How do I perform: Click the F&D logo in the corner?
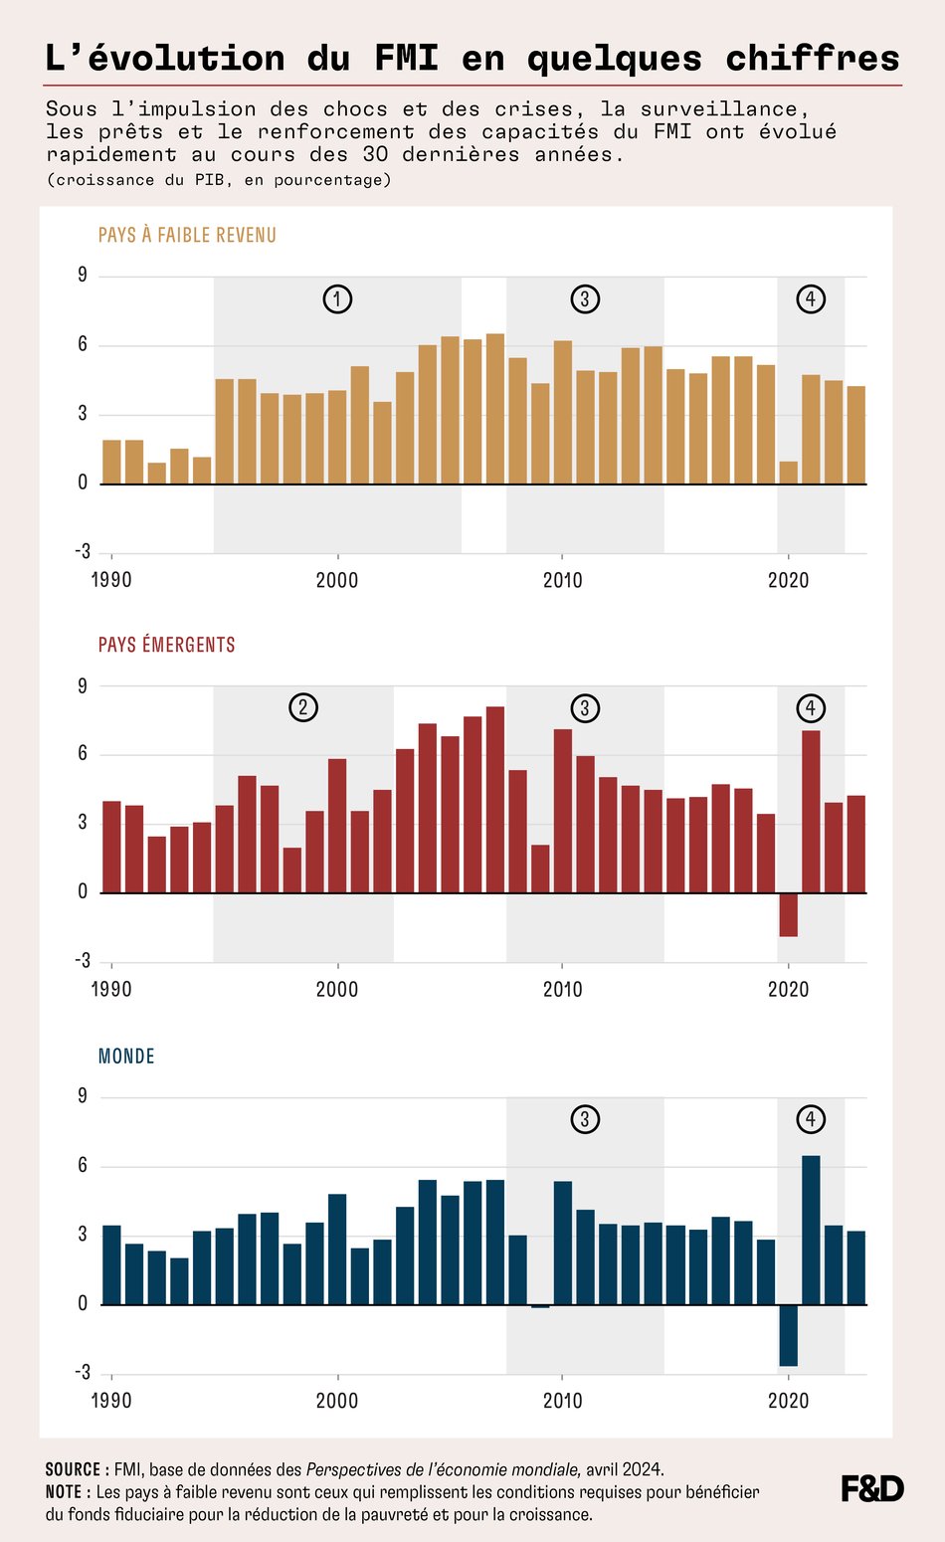coord(872,1488)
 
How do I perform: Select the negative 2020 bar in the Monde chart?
coord(789,1334)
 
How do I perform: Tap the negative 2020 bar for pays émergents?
coord(789,914)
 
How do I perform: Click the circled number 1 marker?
coord(337,298)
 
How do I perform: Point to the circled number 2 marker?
coord(303,707)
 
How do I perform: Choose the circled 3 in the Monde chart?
coord(585,1119)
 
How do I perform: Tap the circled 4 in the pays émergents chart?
coord(811,707)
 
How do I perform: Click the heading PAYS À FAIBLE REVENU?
coord(187,235)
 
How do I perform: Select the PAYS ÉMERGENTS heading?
coord(166,645)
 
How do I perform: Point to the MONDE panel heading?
coord(126,1056)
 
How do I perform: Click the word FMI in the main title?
coord(406,58)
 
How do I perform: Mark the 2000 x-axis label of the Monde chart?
coord(337,1401)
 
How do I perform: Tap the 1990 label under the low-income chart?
coord(111,580)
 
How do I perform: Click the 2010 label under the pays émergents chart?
coord(562,990)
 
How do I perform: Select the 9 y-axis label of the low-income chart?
coord(83,276)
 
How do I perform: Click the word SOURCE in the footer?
coord(72,1469)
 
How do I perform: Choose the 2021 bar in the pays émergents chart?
coord(811,811)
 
